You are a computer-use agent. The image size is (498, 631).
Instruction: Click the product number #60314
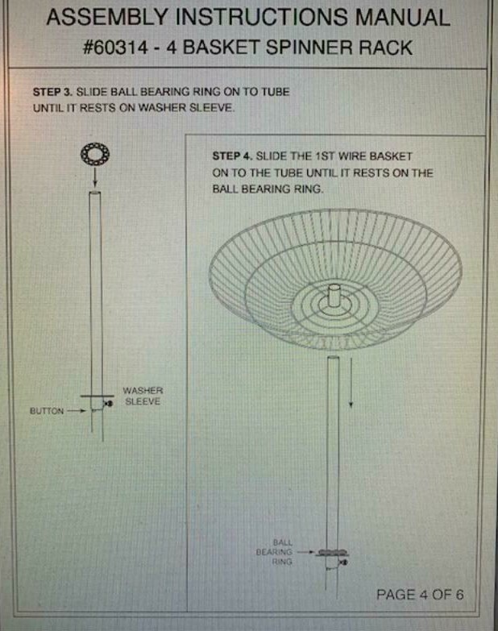click(x=115, y=48)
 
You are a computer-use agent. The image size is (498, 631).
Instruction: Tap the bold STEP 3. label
click(x=52, y=92)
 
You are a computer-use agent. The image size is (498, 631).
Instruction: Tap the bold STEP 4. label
click(x=232, y=156)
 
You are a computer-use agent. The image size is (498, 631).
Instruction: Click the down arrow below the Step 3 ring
click(x=95, y=177)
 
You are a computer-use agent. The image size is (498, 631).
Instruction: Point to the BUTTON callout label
click(x=47, y=411)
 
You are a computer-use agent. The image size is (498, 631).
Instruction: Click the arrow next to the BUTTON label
click(x=77, y=411)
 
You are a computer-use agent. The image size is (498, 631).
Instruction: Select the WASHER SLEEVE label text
click(x=143, y=396)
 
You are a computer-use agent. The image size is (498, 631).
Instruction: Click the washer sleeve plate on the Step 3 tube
click(x=97, y=396)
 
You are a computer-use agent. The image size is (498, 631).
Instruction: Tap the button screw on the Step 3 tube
click(x=108, y=403)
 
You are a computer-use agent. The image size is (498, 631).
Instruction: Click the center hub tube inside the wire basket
click(x=334, y=295)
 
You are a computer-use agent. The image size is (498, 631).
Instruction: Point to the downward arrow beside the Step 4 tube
click(x=351, y=382)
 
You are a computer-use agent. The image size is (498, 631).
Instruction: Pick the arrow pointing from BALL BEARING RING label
click(x=305, y=552)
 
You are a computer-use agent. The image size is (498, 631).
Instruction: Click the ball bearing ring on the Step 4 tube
click(x=332, y=553)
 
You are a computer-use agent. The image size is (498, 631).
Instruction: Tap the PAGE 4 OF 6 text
click(x=420, y=595)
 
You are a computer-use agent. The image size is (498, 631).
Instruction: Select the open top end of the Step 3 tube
click(x=95, y=193)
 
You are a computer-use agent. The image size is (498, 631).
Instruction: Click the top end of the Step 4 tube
click(x=334, y=358)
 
